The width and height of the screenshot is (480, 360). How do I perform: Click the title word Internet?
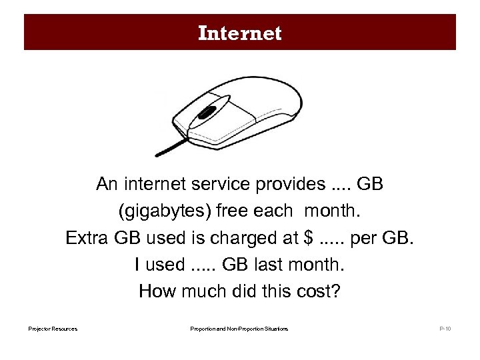coord(240,33)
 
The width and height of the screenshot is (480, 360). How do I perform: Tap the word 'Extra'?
coord(87,238)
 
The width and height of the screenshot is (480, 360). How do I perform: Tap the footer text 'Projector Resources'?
coord(53,329)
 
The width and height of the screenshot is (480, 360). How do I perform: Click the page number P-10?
coord(445,329)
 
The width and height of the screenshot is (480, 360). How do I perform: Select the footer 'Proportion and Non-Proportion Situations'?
coord(239,329)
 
